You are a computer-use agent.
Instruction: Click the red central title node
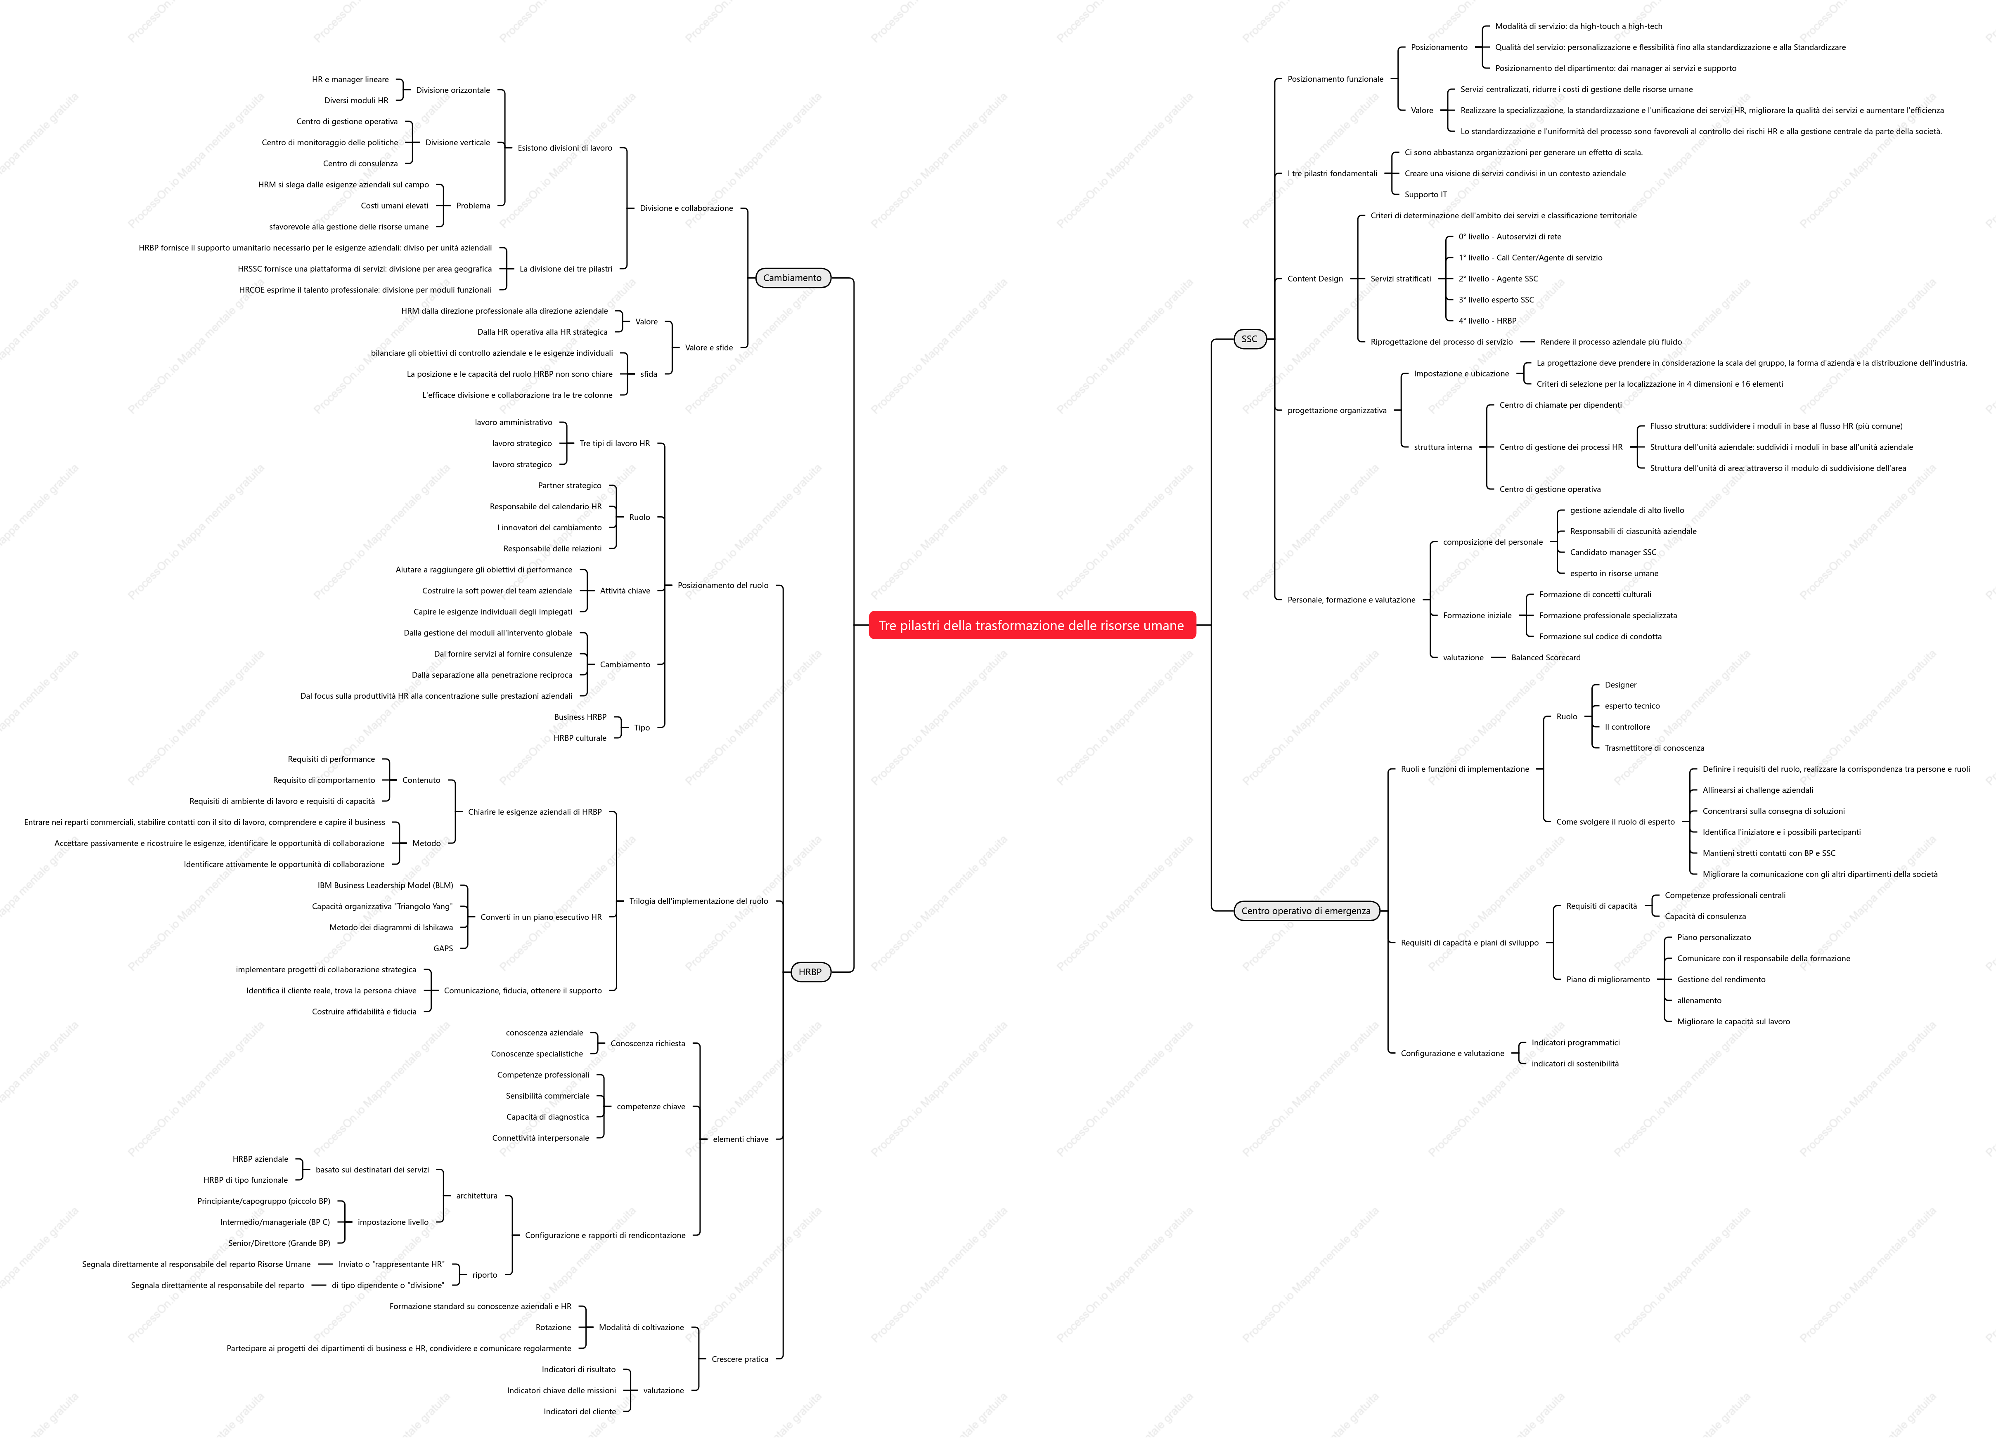[x=1032, y=626]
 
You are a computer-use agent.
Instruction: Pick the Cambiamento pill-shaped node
[x=792, y=278]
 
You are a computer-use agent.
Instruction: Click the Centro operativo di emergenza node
[x=1306, y=911]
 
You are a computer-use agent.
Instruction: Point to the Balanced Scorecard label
[x=1546, y=658]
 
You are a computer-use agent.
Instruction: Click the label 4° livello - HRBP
[x=1487, y=321]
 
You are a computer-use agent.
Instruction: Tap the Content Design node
[x=1315, y=279]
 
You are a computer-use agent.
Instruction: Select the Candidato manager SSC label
[x=1613, y=553]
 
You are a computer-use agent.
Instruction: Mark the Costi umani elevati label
[x=394, y=206]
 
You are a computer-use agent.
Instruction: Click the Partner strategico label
[x=569, y=486]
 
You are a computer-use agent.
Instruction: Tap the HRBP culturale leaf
[x=580, y=738]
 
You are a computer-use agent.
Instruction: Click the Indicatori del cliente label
[x=580, y=1411]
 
